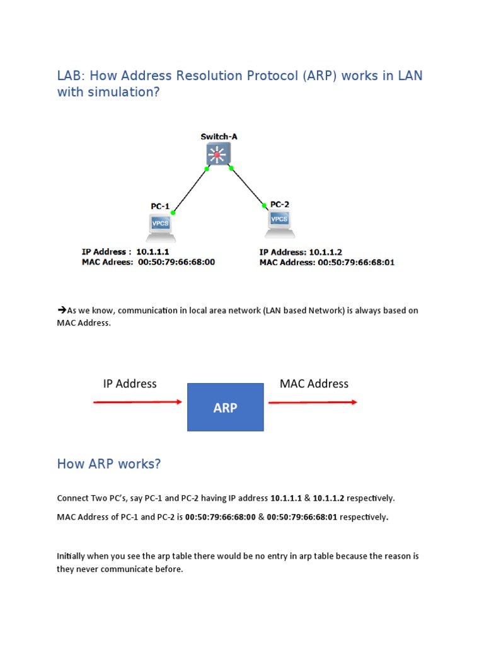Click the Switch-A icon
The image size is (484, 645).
click(218, 154)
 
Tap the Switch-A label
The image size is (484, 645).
click(219, 136)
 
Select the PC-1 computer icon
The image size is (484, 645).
click(161, 227)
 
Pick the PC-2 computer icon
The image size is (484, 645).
click(280, 224)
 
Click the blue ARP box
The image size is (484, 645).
click(225, 407)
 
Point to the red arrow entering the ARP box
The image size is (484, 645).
click(137, 402)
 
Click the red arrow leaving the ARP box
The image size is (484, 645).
click(313, 402)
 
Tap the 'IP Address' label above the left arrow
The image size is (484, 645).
click(130, 384)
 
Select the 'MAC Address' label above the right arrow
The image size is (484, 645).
click(314, 384)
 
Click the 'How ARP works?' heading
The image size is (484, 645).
click(109, 464)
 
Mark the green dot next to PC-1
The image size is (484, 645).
click(173, 212)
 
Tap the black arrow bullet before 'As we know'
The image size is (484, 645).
click(62, 310)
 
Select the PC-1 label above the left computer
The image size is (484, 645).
click(160, 206)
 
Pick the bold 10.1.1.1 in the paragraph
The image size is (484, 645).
click(286, 498)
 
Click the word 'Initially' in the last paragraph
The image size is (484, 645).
click(71, 556)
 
